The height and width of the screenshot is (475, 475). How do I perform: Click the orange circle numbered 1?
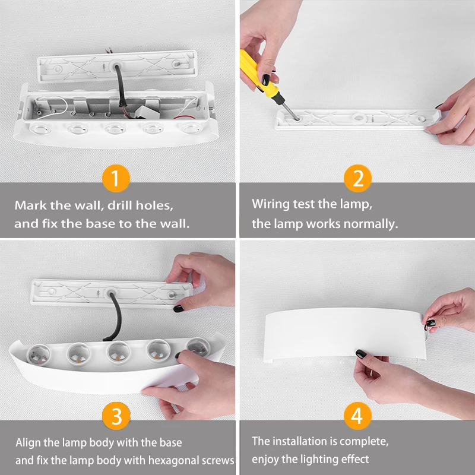pos(116,179)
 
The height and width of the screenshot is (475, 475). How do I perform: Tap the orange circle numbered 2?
pos(357,179)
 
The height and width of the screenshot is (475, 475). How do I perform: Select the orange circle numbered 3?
pos(116,416)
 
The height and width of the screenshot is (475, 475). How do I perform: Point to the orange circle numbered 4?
pos(357,416)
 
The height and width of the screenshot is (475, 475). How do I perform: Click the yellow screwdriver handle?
pos(257,74)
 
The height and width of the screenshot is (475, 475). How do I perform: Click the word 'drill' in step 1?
pos(120,205)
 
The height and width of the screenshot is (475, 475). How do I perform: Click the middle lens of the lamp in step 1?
pos(115,129)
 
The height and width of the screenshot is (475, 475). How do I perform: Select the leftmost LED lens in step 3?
pos(39,354)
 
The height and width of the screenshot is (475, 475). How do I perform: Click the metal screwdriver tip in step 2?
pos(291,111)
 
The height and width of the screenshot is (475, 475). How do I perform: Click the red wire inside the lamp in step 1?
pos(184,117)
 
